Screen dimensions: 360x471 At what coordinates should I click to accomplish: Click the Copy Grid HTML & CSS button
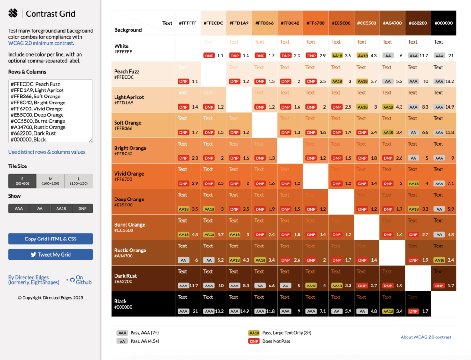(x=51, y=239)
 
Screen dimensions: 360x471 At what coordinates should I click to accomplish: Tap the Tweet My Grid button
(x=51, y=254)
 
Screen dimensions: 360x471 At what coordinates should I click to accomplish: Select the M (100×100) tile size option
(x=51, y=181)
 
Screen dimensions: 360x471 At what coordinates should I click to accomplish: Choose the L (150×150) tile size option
(x=79, y=181)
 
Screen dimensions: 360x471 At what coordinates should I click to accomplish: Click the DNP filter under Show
(x=82, y=208)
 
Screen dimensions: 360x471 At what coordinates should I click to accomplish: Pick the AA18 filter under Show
(x=61, y=208)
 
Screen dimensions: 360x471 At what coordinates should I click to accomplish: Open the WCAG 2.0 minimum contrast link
(x=40, y=43)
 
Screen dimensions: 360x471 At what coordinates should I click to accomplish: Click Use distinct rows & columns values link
(x=46, y=152)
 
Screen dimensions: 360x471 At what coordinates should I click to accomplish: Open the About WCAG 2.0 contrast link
(x=425, y=337)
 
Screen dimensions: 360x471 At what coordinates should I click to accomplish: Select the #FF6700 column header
(x=316, y=23)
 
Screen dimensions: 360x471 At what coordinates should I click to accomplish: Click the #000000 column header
(x=443, y=23)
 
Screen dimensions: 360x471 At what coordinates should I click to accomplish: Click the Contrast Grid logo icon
(x=13, y=13)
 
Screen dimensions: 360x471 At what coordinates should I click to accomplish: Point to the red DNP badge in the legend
(x=254, y=341)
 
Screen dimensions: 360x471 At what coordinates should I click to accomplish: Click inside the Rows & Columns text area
(x=51, y=110)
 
